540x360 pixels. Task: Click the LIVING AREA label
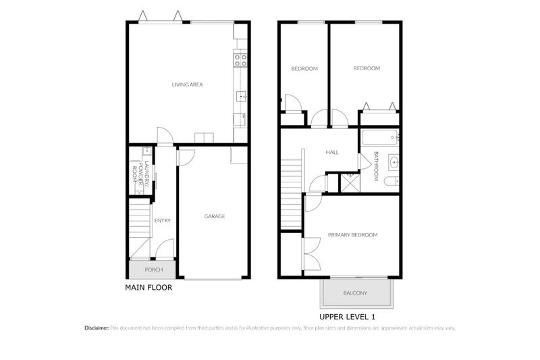pyautogui.click(x=187, y=84)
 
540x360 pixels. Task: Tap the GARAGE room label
pyautogui.click(x=215, y=216)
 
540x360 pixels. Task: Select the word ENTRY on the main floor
pyautogui.click(x=162, y=220)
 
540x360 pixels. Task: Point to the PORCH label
pyautogui.click(x=153, y=270)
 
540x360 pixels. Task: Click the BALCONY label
pyautogui.click(x=355, y=293)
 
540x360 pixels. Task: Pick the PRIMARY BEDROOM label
pyautogui.click(x=352, y=235)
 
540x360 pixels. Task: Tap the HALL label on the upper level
pyautogui.click(x=332, y=153)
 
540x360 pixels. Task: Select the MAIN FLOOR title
pyautogui.click(x=148, y=287)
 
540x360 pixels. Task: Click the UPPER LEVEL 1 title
pyautogui.click(x=347, y=316)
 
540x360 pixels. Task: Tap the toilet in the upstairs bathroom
pyautogui.click(x=391, y=182)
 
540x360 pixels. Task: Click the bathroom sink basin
pyautogui.click(x=393, y=162)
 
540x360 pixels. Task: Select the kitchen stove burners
pyautogui.click(x=240, y=61)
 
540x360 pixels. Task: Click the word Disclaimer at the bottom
pyautogui.click(x=97, y=328)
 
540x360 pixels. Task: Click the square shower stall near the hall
pyautogui.click(x=350, y=183)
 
